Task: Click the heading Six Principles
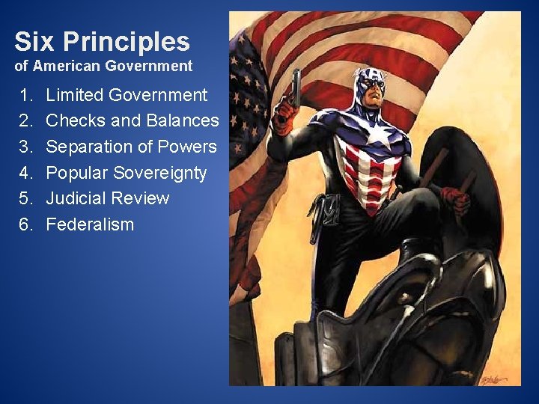(x=102, y=40)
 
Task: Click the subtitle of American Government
(x=103, y=66)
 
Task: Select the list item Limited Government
(x=127, y=95)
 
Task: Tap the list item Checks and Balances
(x=133, y=120)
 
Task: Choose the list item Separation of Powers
(x=131, y=147)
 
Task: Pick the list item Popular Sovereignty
(x=127, y=173)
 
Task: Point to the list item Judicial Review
(x=108, y=198)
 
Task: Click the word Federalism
(x=90, y=224)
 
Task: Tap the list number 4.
(x=27, y=173)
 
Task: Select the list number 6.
(x=27, y=224)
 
